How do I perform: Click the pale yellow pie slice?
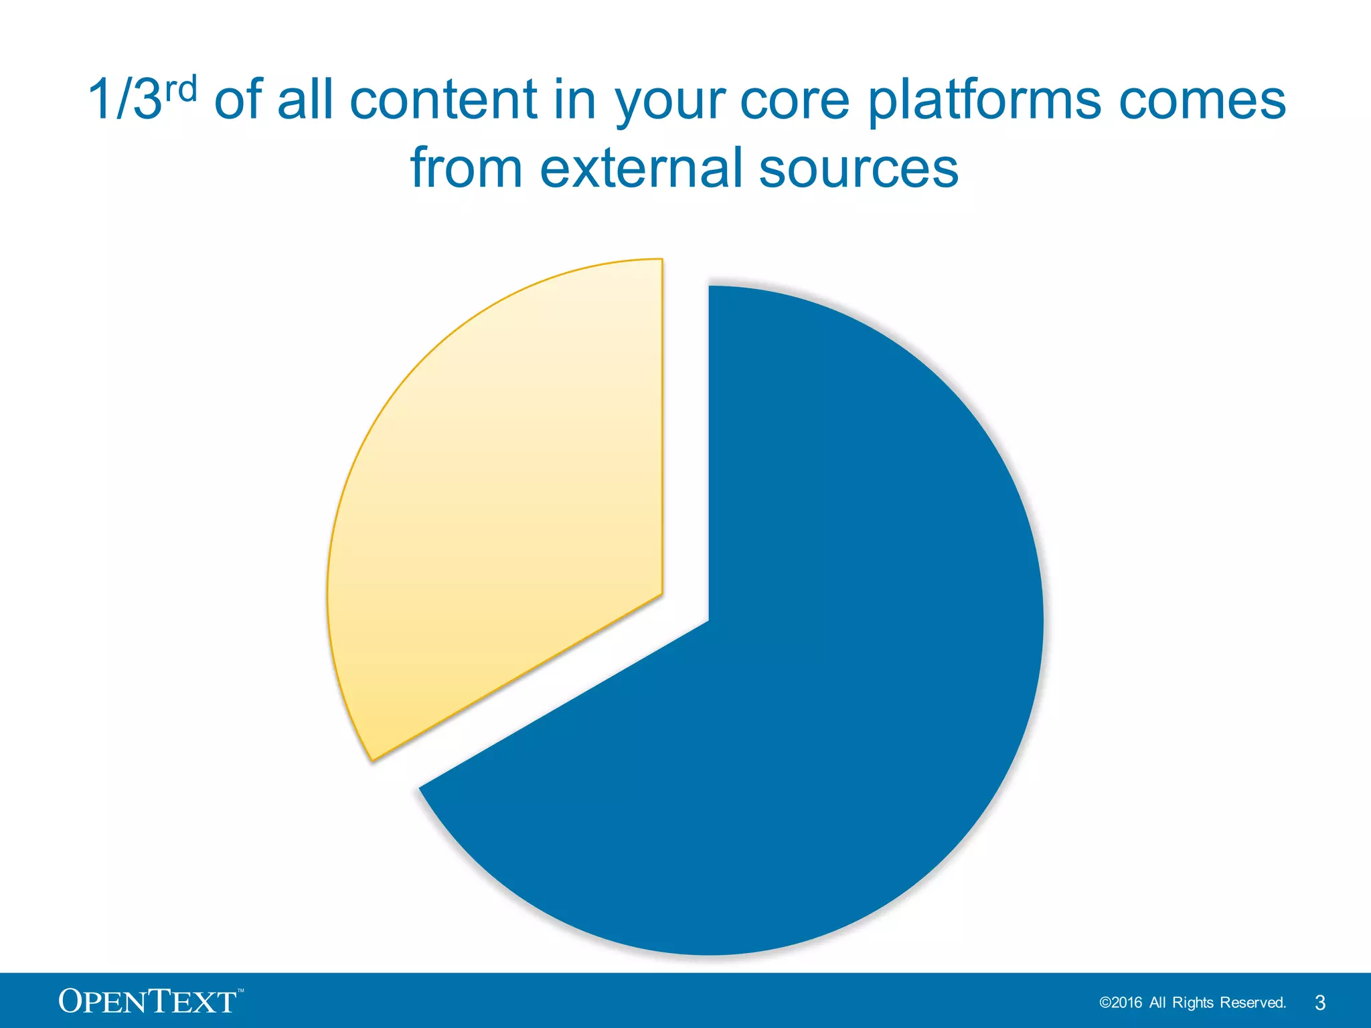pos(509,509)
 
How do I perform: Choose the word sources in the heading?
pos(859,167)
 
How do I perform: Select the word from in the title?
pos(466,167)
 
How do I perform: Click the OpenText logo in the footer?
pos(147,1002)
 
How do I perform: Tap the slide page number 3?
pos(1320,1003)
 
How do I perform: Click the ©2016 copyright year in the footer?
pos(1121,1003)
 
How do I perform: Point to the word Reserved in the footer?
pos(1253,1003)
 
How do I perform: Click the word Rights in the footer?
pos(1193,1003)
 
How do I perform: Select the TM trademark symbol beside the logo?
pos(241,990)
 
